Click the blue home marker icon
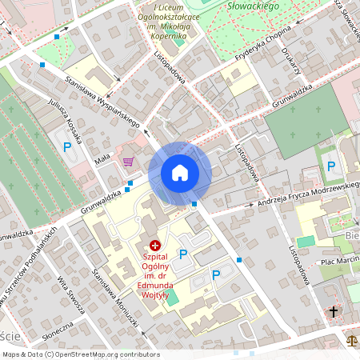(x=179, y=173)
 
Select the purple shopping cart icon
(x=128, y=162)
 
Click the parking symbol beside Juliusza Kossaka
(x=68, y=146)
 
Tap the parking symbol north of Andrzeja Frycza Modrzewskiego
(x=330, y=166)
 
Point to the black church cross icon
(x=333, y=310)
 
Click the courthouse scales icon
(x=351, y=339)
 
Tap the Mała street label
(x=102, y=161)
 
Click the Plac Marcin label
(x=337, y=262)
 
